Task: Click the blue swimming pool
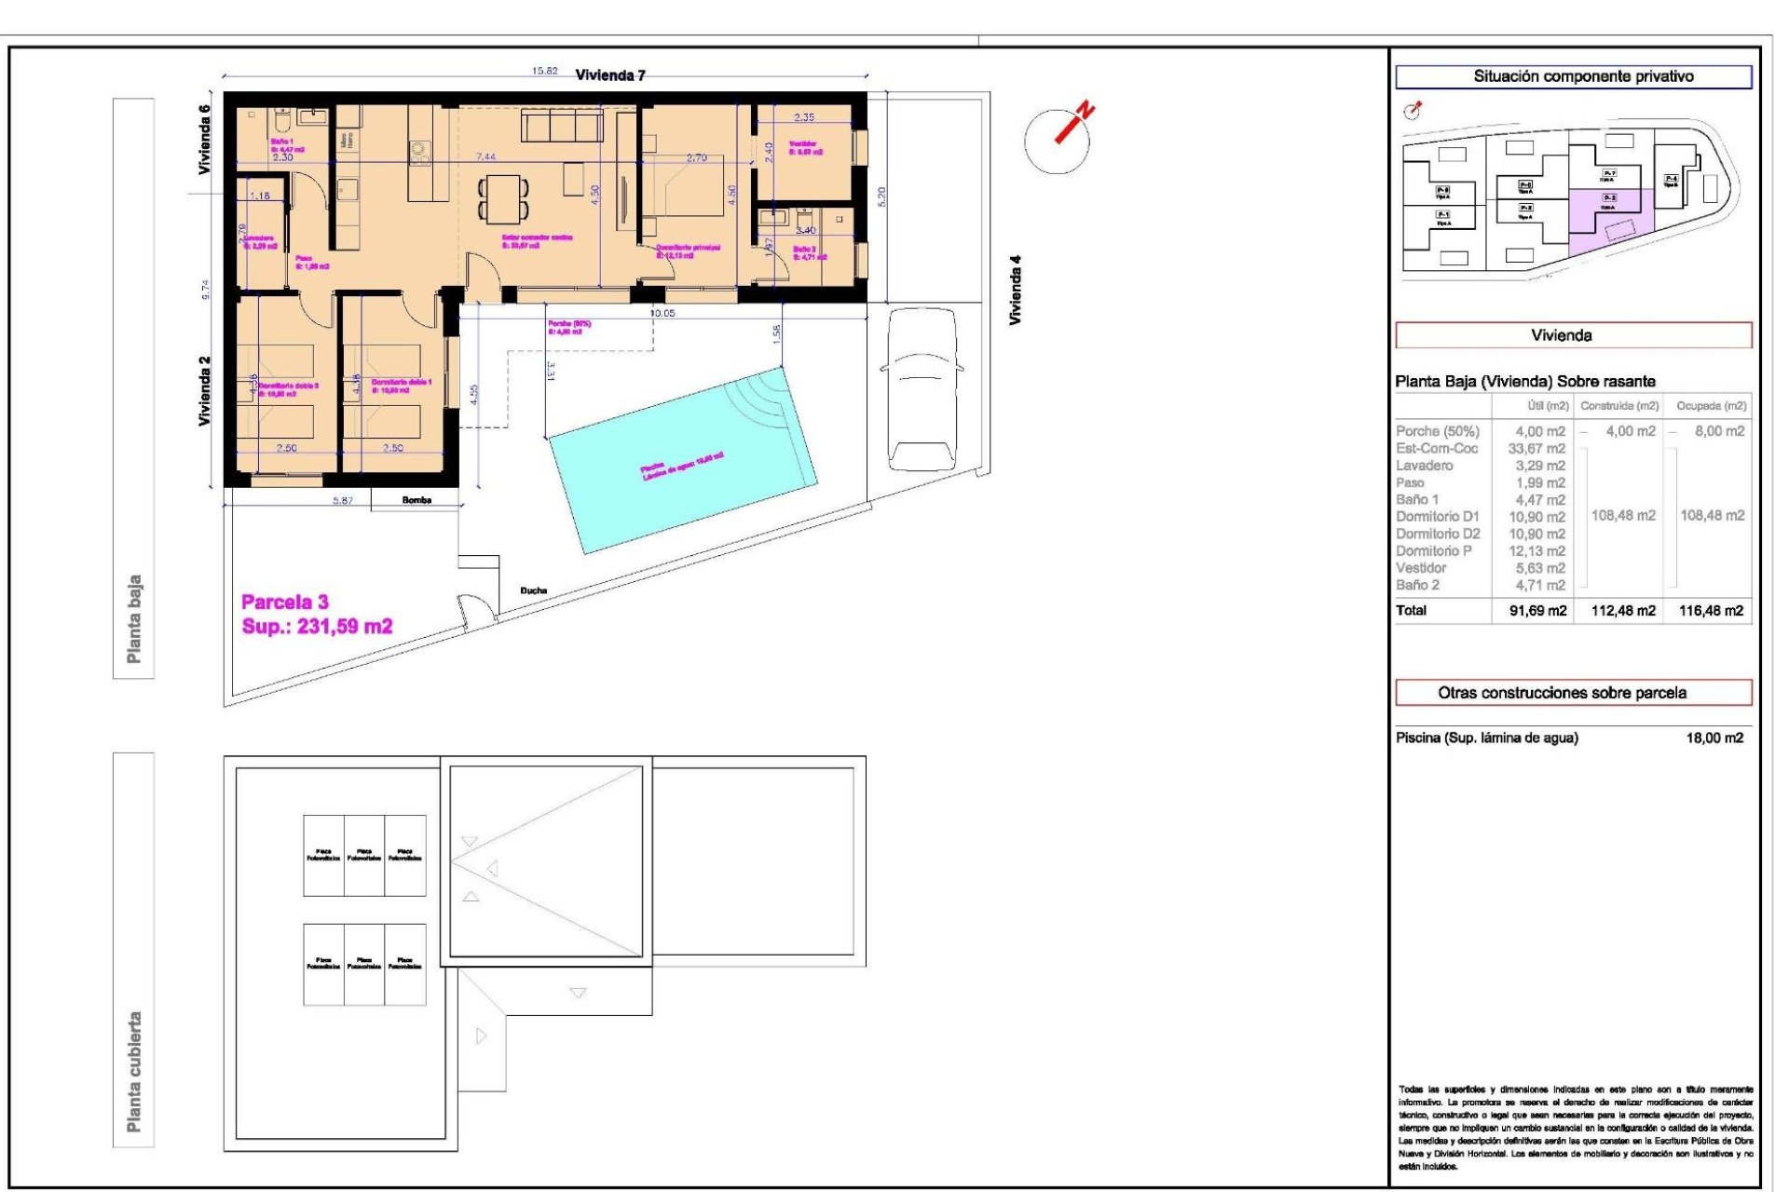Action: pos(683,463)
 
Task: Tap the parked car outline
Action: pos(922,389)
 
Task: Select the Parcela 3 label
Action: pos(285,602)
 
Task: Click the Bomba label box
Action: pos(416,501)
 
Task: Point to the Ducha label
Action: pos(533,590)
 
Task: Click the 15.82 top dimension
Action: pos(544,71)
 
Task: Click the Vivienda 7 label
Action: pos(610,75)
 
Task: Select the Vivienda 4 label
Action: pos(1016,290)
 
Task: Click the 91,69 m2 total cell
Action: pos(1537,611)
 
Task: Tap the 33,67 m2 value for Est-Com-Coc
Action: pos(1536,449)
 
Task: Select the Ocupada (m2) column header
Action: pos(1710,406)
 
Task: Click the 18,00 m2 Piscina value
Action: pos(1714,738)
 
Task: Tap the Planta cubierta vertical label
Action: pos(134,1071)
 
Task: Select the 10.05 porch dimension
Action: pos(662,314)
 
